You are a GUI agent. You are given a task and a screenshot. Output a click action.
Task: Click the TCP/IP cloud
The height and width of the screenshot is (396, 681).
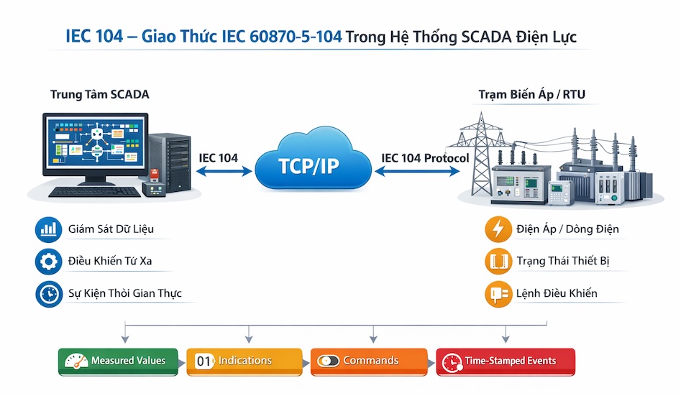tap(313, 162)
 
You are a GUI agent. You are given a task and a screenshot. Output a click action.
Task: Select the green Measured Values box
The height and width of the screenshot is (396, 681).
tap(118, 361)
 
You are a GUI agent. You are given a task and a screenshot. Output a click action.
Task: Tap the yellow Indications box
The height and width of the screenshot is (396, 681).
tap(244, 361)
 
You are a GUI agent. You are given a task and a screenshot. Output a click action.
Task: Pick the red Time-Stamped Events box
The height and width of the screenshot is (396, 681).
tap(506, 361)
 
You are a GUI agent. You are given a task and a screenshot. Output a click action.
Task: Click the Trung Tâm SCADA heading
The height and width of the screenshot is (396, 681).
tap(100, 95)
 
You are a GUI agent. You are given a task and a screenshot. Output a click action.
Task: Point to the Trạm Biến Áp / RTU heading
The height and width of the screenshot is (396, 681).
tap(526, 95)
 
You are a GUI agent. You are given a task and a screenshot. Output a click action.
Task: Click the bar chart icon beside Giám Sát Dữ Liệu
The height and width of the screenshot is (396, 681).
tap(48, 230)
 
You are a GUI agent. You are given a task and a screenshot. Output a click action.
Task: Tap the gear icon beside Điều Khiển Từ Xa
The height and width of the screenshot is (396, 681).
tap(48, 262)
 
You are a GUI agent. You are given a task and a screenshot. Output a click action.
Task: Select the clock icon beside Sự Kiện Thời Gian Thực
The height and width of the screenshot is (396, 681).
tap(48, 293)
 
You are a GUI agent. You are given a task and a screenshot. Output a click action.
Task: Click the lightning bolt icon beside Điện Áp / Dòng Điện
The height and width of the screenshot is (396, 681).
tap(498, 230)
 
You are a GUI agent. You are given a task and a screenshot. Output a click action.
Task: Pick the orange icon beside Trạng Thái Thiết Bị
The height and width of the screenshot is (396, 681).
tap(498, 262)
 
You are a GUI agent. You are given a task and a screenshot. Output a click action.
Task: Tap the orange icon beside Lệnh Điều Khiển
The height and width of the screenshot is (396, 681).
tap(498, 293)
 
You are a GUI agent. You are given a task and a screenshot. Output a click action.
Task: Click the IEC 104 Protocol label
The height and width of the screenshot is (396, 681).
tap(425, 158)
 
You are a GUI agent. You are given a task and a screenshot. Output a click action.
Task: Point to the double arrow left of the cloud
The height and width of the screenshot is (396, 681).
tap(224, 172)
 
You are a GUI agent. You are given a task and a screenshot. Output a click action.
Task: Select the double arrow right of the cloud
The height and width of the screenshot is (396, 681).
tap(416, 172)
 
